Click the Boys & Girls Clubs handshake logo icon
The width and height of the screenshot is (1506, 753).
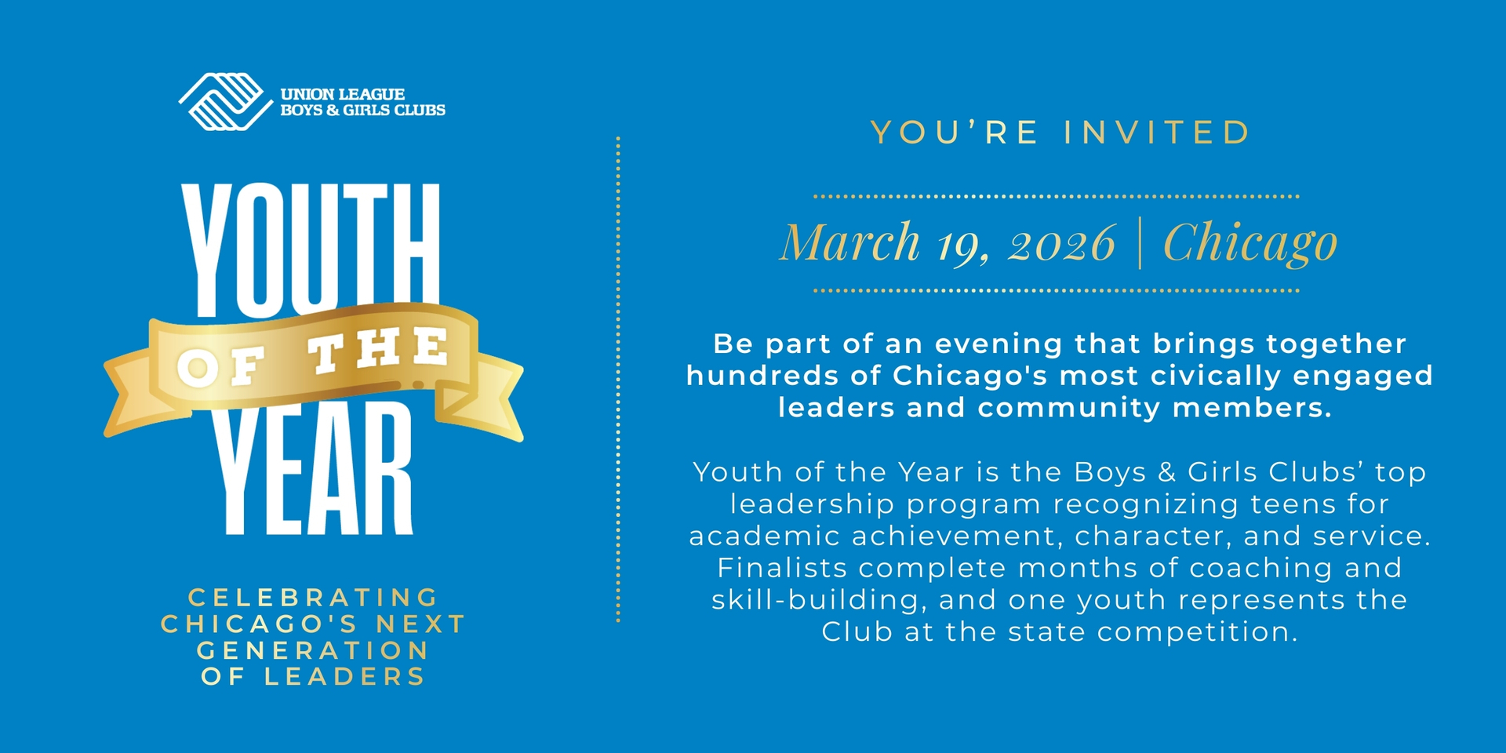click(x=224, y=101)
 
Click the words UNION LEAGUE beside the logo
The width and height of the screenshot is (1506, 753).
click(x=343, y=94)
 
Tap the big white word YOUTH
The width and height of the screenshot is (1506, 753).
click(x=311, y=249)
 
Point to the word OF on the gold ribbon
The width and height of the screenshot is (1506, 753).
click(x=222, y=366)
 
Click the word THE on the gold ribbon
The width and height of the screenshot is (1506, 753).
click(x=380, y=351)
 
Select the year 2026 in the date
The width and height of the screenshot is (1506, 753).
click(x=1062, y=244)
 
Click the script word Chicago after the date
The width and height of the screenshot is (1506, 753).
click(x=1250, y=243)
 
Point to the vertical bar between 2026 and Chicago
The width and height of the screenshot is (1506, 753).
click(x=1140, y=243)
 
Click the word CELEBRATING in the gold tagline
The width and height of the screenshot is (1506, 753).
click(x=313, y=598)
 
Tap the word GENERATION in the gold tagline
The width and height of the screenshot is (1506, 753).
click(x=313, y=650)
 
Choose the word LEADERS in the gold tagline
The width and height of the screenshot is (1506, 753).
click(x=344, y=677)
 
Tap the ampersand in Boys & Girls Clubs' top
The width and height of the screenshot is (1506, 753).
click(x=1166, y=472)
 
